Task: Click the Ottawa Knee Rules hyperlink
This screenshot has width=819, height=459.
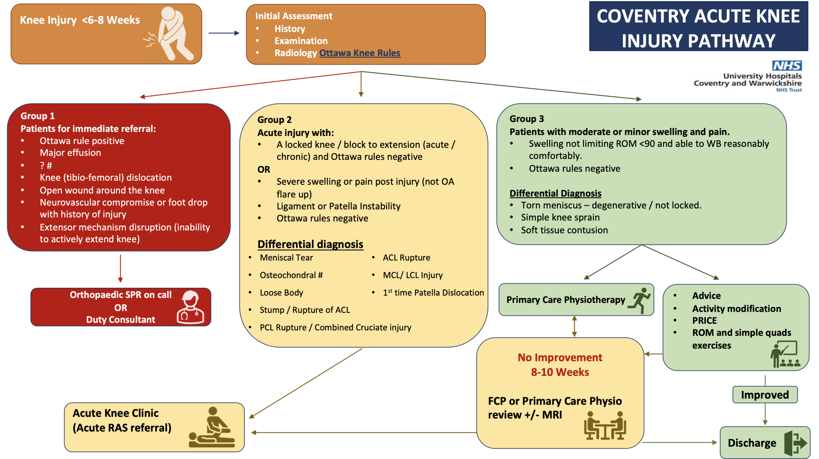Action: coord(360,53)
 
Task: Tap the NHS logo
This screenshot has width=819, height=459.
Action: coord(787,66)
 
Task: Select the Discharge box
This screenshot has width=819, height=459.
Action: coord(765,442)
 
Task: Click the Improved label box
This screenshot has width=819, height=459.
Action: coord(765,395)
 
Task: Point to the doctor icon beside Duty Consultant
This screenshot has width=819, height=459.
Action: coord(190,307)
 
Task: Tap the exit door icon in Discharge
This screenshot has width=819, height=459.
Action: coord(795,443)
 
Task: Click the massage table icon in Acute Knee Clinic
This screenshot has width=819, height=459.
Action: coord(212,427)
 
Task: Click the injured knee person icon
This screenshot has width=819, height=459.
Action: coord(170,34)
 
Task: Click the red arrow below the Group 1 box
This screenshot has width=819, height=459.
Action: coord(120,269)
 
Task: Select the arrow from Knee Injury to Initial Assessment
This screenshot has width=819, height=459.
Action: coord(224,33)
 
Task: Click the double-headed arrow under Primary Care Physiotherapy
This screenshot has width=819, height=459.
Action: coord(574,326)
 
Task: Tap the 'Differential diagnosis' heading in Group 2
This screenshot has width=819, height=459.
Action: coord(310,244)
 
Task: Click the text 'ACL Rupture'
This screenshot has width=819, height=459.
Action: coord(406,258)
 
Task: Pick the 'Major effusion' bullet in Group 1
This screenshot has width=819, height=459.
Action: coord(70,153)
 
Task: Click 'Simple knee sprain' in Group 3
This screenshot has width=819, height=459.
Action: coord(560,217)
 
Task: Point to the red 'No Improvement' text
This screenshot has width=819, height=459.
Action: coord(560,357)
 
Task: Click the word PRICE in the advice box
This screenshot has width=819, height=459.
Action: coord(705,321)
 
